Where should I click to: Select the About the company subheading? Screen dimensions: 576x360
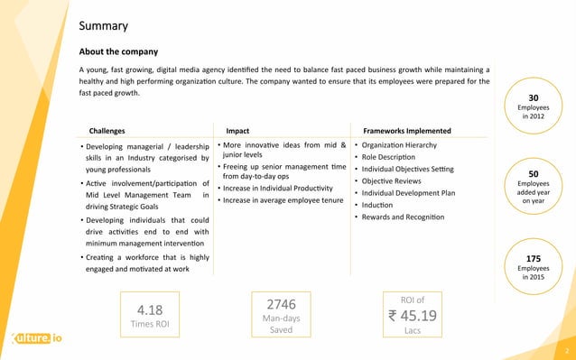tap(118, 51)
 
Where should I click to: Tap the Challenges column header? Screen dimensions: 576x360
tap(107, 131)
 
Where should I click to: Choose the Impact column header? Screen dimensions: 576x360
tap(237, 131)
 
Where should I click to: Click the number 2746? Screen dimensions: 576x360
tap(281, 304)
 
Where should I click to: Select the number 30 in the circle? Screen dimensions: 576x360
tap(533, 99)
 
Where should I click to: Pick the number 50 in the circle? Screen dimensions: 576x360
tap(533, 173)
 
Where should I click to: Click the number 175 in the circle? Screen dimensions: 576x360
tap(533, 258)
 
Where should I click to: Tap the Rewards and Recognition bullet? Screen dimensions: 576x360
tap(403, 217)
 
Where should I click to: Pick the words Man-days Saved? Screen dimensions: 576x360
tap(281, 324)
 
